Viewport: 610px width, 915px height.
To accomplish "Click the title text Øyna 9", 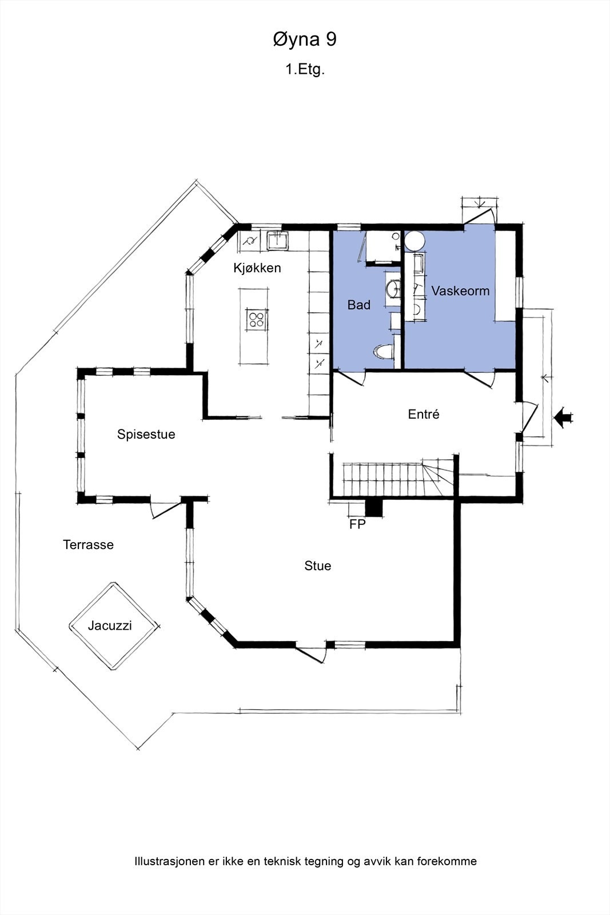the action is [x=305, y=40].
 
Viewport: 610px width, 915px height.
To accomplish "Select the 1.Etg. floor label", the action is [x=305, y=69].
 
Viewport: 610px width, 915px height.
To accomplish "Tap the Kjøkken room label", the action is [x=257, y=268].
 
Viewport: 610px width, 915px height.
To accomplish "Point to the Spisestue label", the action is [x=146, y=434].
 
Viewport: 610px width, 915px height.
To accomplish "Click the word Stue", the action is [x=318, y=566].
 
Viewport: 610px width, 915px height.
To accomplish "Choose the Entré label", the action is [x=424, y=414].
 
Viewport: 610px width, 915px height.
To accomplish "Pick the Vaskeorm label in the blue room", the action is [x=461, y=291].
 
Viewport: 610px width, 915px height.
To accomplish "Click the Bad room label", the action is [x=359, y=305].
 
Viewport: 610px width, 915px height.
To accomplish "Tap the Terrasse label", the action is [x=88, y=544].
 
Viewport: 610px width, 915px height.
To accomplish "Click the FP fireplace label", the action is [x=357, y=524].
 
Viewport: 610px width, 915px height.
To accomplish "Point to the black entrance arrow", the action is [x=564, y=417].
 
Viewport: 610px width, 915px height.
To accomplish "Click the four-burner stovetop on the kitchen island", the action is [x=257, y=320].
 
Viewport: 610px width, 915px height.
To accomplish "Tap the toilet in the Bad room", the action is [x=384, y=352].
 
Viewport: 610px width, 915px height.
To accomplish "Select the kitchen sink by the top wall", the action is [x=277, y=241].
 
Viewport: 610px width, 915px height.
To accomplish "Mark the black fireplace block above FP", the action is [x=373, y=508].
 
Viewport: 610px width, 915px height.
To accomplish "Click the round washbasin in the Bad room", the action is [x=393, y=288].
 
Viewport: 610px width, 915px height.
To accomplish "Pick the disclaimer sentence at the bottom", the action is [x=305, y=861].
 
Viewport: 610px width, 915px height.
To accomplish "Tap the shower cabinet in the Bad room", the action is [x=382, y=246].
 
